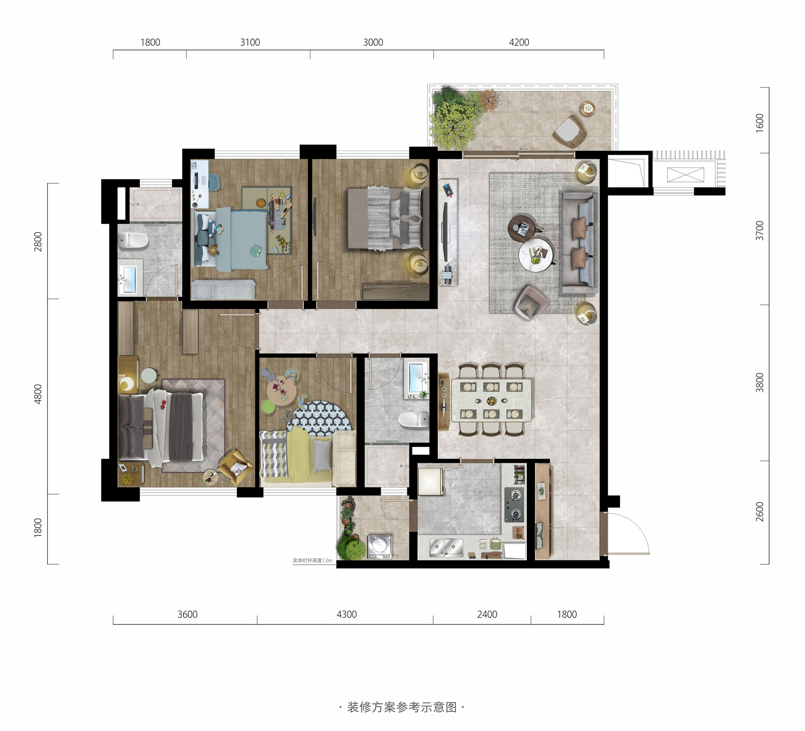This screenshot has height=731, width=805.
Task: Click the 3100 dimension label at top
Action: (x=250, y=42)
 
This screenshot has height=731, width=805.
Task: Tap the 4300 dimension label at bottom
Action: (x=347, y=614)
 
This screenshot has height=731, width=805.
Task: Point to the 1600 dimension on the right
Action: (x=760, y=123)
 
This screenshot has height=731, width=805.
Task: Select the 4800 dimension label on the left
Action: (x=38, y=394)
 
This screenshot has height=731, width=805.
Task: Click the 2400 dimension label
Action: (x=487, y=614)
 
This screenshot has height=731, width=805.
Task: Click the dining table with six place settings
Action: (x=491, y=400)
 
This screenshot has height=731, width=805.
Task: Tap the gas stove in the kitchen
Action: (x=514, y=505)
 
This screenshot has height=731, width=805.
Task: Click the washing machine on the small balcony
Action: (x=380, y=547)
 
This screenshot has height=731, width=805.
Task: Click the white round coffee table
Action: (x=536, y=254)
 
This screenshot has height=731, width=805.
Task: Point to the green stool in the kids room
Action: (x=268, y=407)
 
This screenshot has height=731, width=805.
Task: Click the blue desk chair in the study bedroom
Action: (x=214, y=183)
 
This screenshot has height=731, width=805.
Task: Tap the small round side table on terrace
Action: (x=588, y=109)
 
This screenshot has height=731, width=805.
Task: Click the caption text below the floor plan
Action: (x=402, y=707)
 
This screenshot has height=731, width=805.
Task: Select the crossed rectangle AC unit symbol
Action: (x=685, y=175)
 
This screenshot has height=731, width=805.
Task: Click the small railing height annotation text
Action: (x=312, y=560)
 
